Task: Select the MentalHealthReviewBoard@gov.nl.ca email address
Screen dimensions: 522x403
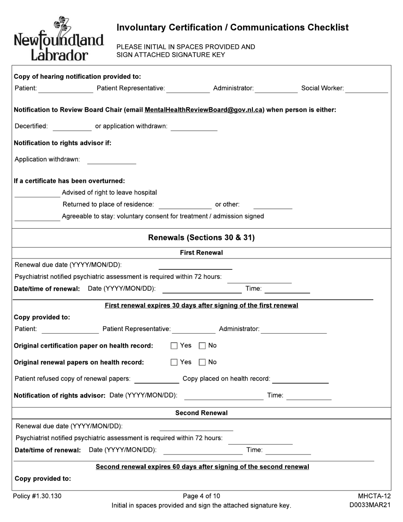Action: coord(204,110)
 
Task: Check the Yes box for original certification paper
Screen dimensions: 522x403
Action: coord(174,346)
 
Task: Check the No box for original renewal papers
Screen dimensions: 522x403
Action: coord(202,362)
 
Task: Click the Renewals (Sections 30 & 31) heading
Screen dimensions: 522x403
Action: coord(201,238)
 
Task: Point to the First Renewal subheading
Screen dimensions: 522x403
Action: coord(201,253)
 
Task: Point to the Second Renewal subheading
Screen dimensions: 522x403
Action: coord(201,413)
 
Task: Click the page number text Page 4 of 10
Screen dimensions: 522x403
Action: coord(201,496)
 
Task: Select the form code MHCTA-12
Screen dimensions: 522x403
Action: coord(374,496)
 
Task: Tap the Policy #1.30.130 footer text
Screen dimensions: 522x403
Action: coord(37,496)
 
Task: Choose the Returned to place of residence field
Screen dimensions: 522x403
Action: coord(185,205)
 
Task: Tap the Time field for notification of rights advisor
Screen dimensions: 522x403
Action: coord(309,396)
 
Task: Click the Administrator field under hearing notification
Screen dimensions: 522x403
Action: coord(276,89)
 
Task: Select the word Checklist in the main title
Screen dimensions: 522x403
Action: coord(327,28)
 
